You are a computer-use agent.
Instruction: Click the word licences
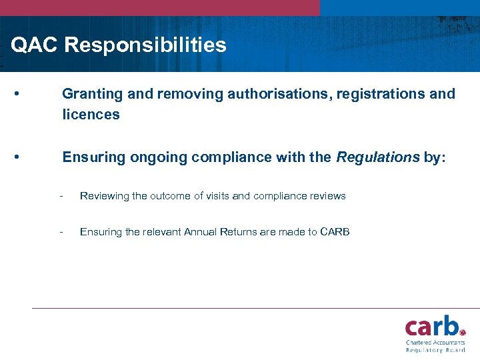point(91,115)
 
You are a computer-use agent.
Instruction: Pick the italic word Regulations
point(377,157)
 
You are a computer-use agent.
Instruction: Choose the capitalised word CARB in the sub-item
point(335,232)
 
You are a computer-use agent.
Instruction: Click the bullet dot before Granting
point(15,94)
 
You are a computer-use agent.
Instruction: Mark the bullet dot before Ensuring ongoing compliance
point(15,157)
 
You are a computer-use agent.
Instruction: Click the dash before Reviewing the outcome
point(61,196)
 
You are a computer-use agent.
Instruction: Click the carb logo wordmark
point(432,326)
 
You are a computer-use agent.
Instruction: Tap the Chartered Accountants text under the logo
point(435,342)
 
